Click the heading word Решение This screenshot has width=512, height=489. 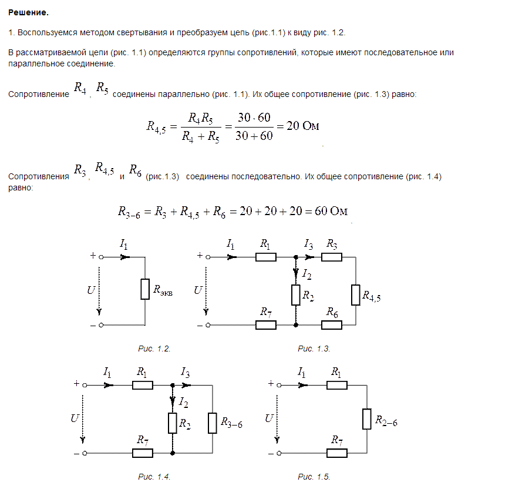(28, 12)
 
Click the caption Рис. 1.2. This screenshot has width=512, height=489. (154, 349)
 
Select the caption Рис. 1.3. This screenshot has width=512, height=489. (314, 349)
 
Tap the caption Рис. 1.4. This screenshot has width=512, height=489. (154, 477)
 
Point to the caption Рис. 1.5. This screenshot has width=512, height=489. (314, 477)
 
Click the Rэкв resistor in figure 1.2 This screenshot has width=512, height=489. (145, 289)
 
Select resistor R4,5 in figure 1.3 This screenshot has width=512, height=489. (355, 294)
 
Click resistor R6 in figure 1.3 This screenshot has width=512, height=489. (332, 324)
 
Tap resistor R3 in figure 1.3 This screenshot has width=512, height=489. (332, 257)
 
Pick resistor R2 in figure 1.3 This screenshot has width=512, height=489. (295, 294)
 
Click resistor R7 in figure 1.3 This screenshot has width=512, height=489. (266, 324)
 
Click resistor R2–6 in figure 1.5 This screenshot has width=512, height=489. (366, 419)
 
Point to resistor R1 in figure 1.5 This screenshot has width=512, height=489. (336, 385)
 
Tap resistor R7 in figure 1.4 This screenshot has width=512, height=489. (143, 453)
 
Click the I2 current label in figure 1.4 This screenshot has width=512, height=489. (184, 403)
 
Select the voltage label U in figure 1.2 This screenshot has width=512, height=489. (90, 290)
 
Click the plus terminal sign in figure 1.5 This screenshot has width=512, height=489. (271, 383)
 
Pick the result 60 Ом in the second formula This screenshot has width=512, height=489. (332, 212)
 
